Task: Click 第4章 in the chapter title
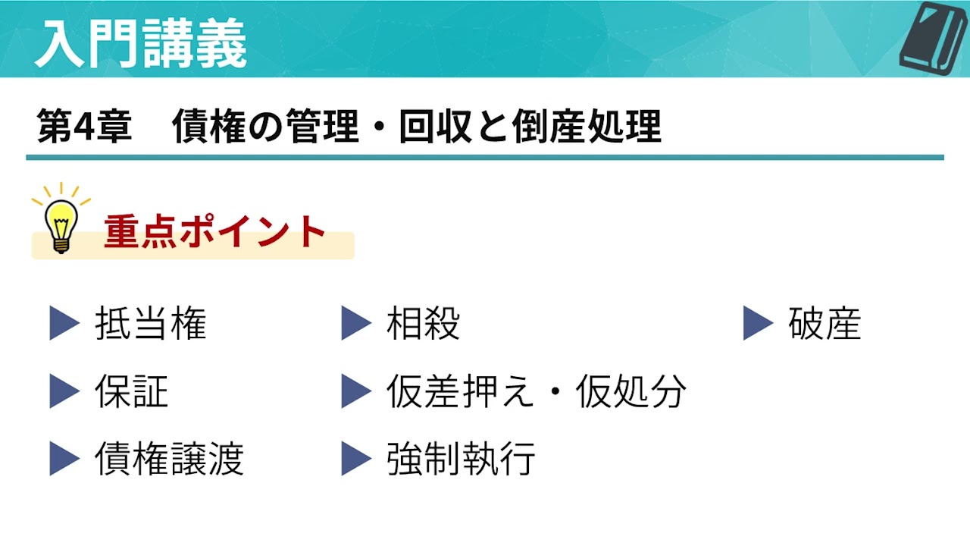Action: pos(84,126)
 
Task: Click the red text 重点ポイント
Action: pos(215,232)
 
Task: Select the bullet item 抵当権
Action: pos(151,324)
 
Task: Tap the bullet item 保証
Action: pos(132,391)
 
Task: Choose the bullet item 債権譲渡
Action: pos(169,459)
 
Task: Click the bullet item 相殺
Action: pos(423,324)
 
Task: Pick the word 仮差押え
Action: pos(461,391)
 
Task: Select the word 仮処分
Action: pos(630,391)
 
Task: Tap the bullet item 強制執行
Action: pos(461,459)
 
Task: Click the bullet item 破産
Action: pos(824,324)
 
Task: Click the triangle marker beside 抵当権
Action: pos(64,324)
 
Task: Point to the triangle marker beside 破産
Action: pos(757,324)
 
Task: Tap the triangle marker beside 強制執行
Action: pos(355,459)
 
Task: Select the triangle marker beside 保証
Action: pos(64,391)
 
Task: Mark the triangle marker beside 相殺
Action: pos(355,324)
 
